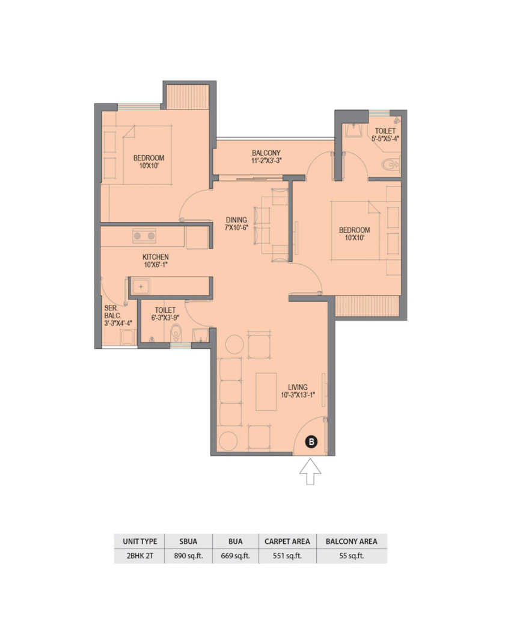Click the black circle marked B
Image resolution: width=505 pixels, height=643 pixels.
pos(311,441)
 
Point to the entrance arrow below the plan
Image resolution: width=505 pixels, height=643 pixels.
pos(310,472)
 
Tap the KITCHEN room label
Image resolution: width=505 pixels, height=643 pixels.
pos(155,257)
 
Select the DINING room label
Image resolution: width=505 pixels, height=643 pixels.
pos(236,220)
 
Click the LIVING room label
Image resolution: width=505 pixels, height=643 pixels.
pos(298,387)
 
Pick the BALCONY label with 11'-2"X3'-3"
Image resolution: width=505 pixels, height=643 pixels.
pos(266,156)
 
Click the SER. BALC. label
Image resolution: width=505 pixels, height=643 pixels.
pos(113,312)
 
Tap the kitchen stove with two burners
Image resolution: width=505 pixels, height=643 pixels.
pos(144,236)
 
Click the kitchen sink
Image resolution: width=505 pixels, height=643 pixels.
pos(141,287)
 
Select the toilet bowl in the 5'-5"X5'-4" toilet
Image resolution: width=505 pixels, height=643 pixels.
pos(391,165)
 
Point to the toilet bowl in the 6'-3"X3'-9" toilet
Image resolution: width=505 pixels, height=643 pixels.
pos(176,333)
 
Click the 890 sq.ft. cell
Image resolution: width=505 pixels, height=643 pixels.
pos(188,556)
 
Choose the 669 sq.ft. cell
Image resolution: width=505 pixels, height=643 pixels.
pos(235,556)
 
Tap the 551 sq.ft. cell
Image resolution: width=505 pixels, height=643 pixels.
pos(287,556)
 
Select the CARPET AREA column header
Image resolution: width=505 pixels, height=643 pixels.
pos(287,541)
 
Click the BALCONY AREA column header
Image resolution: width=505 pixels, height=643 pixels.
pos(351,541)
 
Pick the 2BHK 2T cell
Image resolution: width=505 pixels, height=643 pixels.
pos(139,556)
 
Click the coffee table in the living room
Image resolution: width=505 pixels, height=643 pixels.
pos(266,392)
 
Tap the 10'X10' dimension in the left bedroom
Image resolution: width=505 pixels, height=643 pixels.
pos(149,165)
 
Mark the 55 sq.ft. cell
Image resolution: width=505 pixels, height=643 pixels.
pos(351,556)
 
